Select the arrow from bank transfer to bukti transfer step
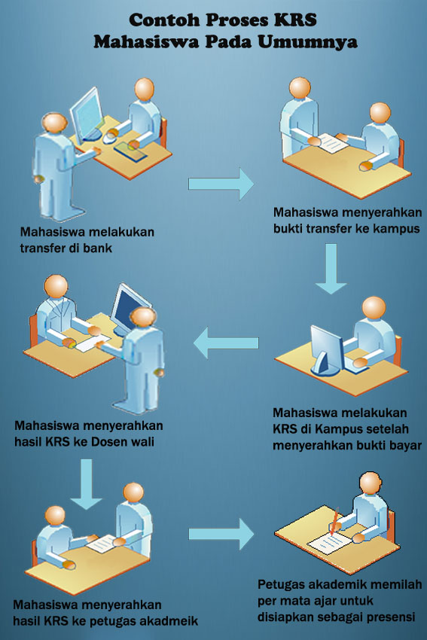click(221, 184)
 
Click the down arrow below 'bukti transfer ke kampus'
click(331, 268)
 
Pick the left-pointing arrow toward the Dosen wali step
click(226, 343)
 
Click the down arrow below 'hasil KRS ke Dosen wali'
click(86, 484)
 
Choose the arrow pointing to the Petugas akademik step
click(221, 534)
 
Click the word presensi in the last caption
click(391, 617)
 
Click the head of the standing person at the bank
click(54, 123)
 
